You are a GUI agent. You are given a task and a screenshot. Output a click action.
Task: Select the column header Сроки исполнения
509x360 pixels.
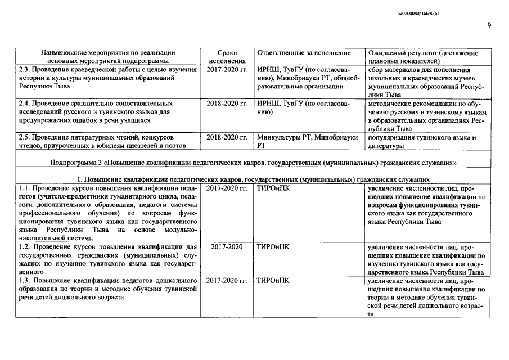227,56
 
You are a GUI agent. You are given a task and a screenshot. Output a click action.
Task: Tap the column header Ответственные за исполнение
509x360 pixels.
303,53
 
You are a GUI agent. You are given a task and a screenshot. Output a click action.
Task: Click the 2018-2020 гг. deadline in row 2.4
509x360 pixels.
227,103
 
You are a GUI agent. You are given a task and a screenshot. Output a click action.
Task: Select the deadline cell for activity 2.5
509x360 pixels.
227,137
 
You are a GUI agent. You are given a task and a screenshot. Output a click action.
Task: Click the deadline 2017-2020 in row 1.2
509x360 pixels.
227,246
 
